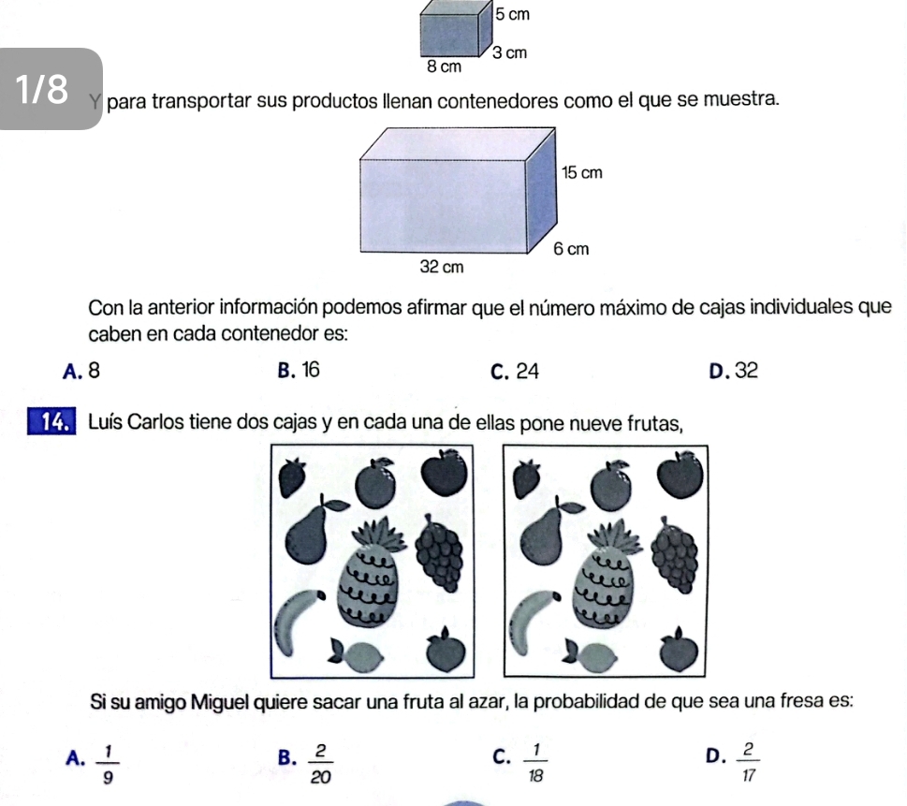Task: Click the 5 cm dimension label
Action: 513,14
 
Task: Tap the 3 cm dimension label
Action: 509,52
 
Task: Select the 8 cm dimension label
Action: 445,66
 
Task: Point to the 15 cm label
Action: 582,172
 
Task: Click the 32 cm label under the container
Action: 442,267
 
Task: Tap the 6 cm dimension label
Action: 571,249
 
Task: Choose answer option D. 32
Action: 734,371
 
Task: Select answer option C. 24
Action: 515,372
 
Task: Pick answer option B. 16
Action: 299,370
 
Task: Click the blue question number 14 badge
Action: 51,422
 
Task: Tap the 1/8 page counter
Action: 41,90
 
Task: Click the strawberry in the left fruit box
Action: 292,477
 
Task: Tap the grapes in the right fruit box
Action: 675,555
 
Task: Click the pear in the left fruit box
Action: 311,531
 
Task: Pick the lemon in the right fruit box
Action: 591,656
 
